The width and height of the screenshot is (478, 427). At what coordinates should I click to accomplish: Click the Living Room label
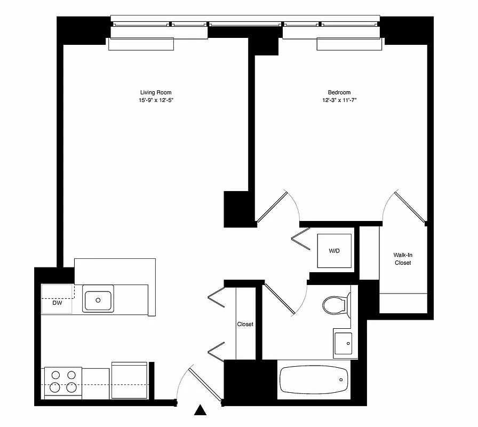[156, 92]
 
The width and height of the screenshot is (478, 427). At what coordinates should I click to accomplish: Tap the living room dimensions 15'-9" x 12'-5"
[156, 100]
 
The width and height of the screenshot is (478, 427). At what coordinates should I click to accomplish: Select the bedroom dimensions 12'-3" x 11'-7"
[339, 100]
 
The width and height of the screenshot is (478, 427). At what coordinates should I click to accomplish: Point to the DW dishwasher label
[57, 303]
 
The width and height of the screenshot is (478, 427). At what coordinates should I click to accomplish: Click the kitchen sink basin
[98, 300]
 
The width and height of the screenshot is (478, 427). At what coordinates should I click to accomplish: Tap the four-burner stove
[63, 382]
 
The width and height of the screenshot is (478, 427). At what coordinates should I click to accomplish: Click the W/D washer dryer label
[334, 250]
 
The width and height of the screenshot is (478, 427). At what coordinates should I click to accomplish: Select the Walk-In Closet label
[403, 259]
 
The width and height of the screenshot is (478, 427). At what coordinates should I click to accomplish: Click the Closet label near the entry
[245, 324]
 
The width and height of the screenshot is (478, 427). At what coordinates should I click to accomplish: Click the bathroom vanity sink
[342, 342]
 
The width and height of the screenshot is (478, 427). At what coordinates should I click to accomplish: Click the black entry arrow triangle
[200, 410]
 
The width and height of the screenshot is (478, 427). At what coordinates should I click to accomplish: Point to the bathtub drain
[341, 379]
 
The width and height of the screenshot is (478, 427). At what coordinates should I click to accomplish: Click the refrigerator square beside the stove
[129, 379]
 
